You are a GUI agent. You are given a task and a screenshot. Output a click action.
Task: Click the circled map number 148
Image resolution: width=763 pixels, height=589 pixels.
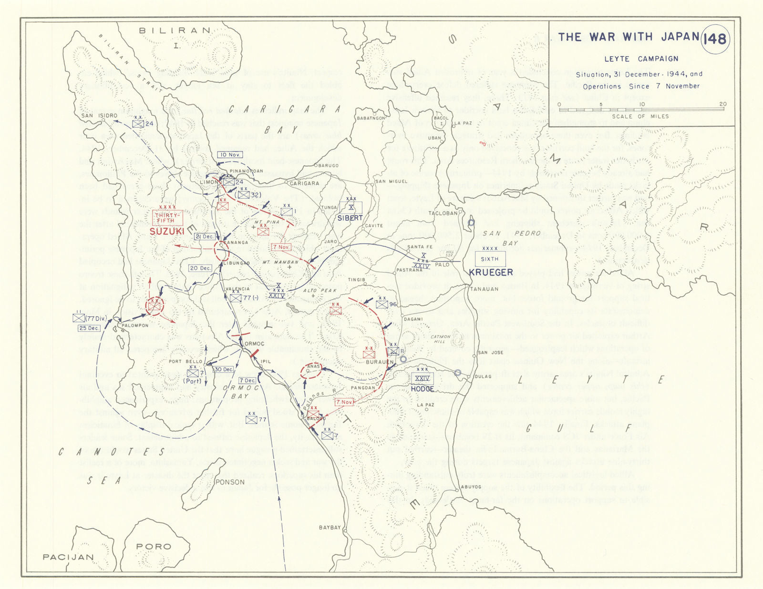[714, 38]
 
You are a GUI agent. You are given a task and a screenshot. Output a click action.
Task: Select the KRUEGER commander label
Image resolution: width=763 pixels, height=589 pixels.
[491, 272]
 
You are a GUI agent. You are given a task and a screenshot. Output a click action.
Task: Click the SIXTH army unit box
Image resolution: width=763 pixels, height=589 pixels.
[489, 259]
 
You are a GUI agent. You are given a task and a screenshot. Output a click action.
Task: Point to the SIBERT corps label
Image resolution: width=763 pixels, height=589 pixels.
[350, 218]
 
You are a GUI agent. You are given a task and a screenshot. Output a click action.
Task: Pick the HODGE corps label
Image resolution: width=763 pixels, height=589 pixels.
[422, 388]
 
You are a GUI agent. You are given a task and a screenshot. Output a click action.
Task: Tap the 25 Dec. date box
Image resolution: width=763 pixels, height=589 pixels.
[89, 328]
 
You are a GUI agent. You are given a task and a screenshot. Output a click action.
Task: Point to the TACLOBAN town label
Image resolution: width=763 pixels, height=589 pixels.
[443, 213]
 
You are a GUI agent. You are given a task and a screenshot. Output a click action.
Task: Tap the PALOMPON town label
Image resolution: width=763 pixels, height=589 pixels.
[135, 325]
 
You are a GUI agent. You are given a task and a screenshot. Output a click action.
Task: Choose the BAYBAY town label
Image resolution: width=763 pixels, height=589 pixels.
[330, 528]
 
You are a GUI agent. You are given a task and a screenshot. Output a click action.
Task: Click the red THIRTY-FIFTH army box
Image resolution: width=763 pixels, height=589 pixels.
[167, 218]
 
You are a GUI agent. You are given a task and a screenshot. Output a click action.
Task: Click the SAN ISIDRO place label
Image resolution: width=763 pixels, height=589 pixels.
[99, 116]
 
